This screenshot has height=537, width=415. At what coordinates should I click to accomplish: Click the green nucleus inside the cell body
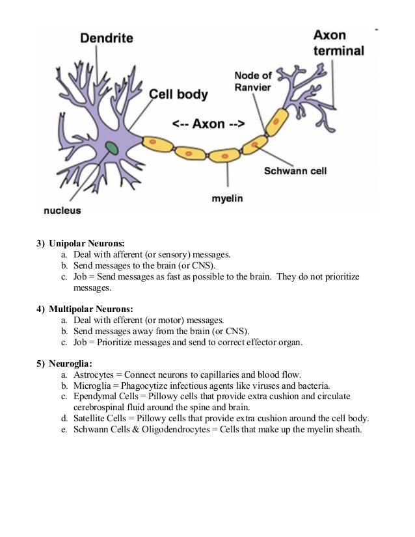pos(113,148)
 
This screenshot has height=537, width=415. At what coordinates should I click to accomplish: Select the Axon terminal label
pos(338,42)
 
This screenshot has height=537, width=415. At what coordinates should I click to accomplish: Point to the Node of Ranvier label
pos(253,81)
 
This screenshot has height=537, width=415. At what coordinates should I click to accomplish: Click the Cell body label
pos(179,95)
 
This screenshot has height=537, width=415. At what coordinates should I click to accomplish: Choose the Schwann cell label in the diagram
pos(295,172)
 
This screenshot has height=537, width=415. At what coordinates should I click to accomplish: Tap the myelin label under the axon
pos(227,198)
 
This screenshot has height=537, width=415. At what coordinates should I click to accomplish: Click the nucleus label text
pos(62,210)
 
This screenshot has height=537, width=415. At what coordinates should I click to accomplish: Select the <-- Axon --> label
pos(207,124)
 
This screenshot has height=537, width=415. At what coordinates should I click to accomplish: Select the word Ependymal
pos(95,396)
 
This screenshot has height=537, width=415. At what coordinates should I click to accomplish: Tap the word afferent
pos(134,255)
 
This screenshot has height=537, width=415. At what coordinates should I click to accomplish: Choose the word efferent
pos(134,320)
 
